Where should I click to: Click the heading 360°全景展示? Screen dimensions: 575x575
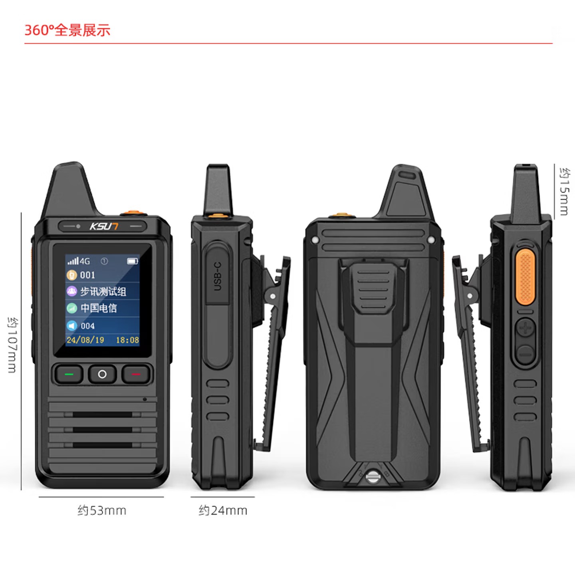[67, 30]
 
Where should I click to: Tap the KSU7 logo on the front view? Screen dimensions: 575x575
[103, 226]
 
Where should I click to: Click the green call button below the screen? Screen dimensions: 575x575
[69, 375]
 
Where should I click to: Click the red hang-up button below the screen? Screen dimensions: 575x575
[136, 375]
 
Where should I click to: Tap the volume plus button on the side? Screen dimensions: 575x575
[525, 329]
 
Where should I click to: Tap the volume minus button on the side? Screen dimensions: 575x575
[525, 353]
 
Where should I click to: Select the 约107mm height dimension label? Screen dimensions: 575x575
[12, 345]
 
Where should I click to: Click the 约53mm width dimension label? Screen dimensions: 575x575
[102, 510]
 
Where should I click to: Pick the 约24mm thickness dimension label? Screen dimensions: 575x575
[223, 510]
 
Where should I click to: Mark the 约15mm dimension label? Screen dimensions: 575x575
[564, 192]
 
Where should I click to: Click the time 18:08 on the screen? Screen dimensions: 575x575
[127, 340]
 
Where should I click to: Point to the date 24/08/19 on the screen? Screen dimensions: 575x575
[85, 340]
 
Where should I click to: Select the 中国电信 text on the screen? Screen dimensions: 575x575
[99, 308]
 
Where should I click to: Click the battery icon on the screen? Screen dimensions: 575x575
[132, 261]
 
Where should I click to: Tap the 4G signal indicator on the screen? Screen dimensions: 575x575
[79, 261]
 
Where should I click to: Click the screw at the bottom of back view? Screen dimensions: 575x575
[372, 476]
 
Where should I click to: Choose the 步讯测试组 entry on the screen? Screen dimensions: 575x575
[103, 291]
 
